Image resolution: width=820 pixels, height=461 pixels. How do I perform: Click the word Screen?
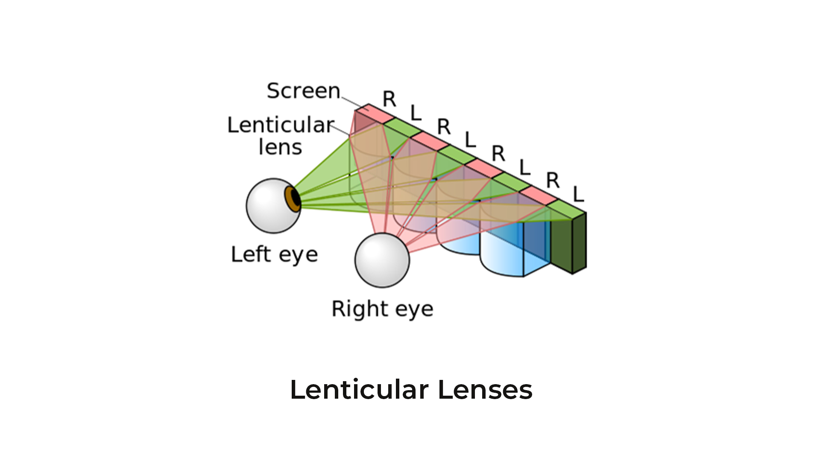point(303,91)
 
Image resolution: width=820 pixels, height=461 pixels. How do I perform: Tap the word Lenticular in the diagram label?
point(281,125)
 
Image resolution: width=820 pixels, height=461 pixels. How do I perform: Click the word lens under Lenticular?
point(280,147)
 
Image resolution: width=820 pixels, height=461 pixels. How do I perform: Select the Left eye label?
point(274,255)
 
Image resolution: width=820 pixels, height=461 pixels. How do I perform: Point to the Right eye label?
point(382,309)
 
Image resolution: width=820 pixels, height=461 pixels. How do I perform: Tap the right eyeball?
point(382,260)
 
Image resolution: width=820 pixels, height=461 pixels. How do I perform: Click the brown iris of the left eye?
point(293,199)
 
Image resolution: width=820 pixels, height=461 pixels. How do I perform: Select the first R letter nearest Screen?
point(389,99)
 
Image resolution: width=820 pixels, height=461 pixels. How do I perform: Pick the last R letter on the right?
point(553,181)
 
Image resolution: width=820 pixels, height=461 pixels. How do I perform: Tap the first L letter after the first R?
point(416,113)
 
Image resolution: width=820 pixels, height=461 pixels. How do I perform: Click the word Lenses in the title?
point(485,390)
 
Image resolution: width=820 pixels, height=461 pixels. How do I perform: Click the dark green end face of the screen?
point(579,242)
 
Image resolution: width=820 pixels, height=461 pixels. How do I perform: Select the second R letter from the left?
point(444,127)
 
